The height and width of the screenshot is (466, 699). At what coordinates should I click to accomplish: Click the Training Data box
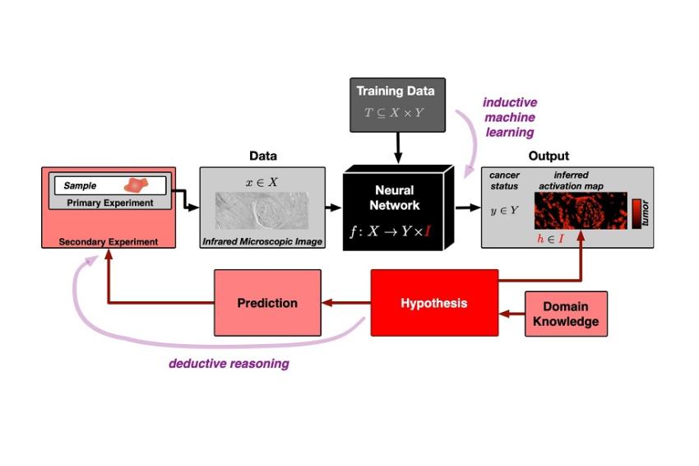coord(397,105)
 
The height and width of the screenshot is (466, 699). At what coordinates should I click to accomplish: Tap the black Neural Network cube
coord(398,208)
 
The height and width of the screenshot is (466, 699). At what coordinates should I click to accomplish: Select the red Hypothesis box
coord(434,303)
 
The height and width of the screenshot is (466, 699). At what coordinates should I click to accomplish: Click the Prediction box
coord(267,303)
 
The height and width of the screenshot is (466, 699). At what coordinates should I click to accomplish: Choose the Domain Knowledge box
coord(566,314)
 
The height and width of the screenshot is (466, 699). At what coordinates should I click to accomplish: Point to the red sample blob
coord(136,184)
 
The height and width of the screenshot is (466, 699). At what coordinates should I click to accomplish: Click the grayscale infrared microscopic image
coord(262,211)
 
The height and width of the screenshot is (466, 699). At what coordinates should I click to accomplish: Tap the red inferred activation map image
coord(581,211)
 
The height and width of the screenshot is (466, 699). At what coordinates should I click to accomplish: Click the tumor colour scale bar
coord(637,214)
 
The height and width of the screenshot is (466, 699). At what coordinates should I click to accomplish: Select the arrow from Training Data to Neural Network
coord(398,147)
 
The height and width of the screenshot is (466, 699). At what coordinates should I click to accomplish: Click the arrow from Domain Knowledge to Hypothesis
coord(512,314)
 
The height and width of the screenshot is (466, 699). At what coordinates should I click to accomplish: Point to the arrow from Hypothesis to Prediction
coord(346,303)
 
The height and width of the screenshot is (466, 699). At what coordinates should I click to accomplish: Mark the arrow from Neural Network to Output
coord(468,207)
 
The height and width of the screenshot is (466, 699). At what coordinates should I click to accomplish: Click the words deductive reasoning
coord(229,363)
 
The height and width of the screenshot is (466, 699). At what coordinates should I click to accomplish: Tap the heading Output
coord(549,156)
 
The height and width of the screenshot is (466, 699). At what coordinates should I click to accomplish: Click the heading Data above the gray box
coord(263,156)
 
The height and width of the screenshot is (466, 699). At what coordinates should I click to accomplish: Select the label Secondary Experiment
coord(109,242)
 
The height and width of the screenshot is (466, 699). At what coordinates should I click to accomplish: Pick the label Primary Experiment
coord(110,203)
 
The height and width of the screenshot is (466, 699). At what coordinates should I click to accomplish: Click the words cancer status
coord(504,180)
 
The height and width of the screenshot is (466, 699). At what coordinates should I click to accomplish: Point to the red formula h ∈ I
coord(550,239)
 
